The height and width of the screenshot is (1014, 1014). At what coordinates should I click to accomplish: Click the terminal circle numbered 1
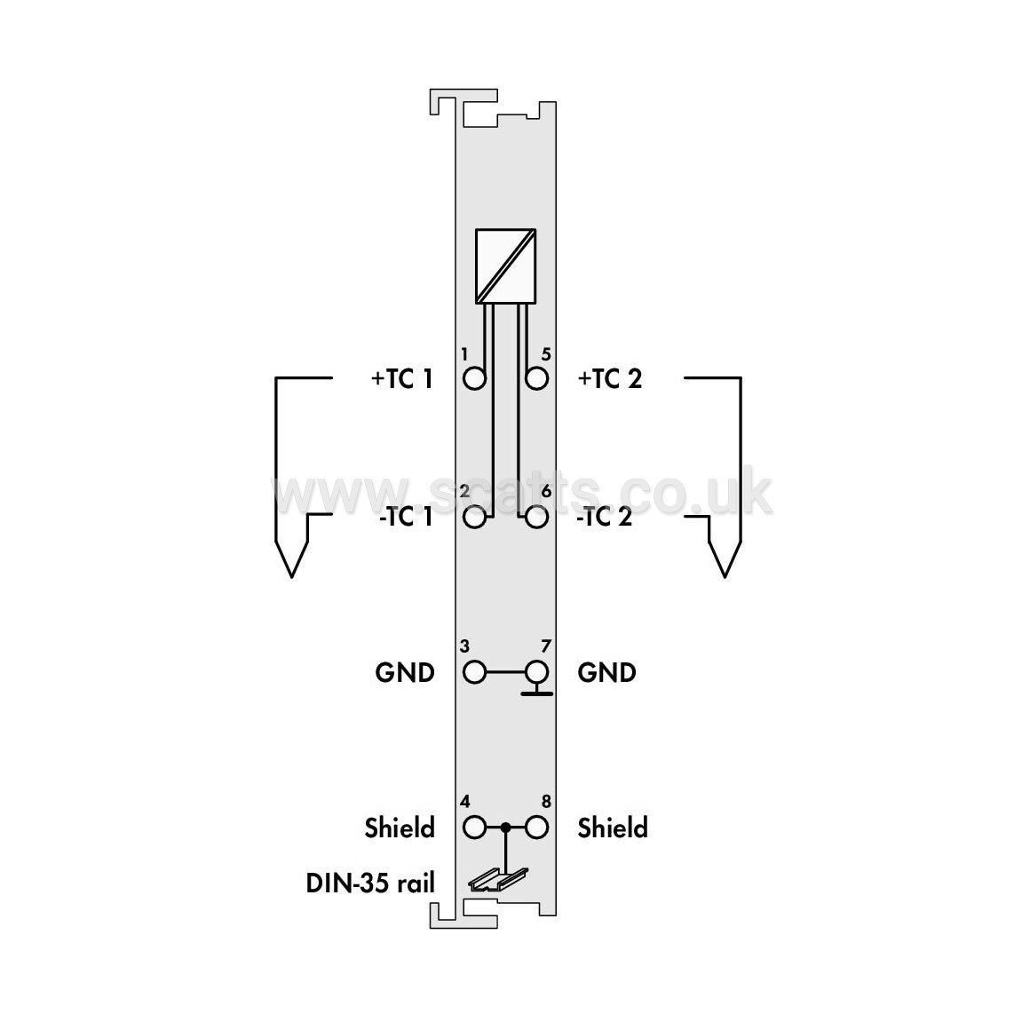pyautogui.click(x=475, y=378)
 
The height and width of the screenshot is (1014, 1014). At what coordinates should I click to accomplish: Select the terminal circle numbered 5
pyautogui.click(x=537, y=378)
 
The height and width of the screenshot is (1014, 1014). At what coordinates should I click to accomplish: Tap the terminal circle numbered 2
pyautogui.click(x=475, y=517)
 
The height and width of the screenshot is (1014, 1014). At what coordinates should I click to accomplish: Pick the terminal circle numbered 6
pyautogui.click(x=537, y=517)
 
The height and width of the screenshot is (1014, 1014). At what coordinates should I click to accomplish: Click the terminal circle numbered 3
pyautogui.click(x=475, y=672)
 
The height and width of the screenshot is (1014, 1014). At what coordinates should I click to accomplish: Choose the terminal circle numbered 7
pyautogui.click(x=537, y=672)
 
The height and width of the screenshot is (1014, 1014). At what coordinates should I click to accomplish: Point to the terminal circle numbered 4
pyautogui.click(x=475, y=828)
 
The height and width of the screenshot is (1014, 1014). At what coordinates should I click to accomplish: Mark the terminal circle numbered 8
pyautogui.click(x=537, y=828)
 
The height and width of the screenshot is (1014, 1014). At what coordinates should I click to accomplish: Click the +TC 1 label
pyautogui.click(x=401, y=378)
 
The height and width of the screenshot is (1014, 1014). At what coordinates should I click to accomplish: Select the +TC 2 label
pyautogui.click(x=610, y=378)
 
